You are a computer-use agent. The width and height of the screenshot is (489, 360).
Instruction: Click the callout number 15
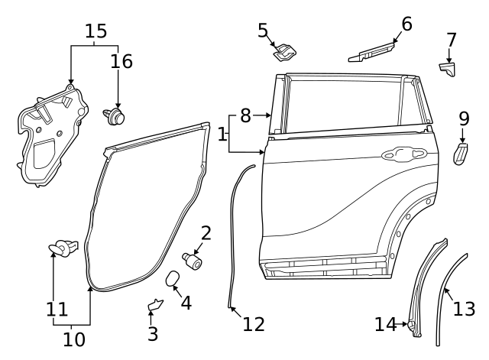pos(96,31)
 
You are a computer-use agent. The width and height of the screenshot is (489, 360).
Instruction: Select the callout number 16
pos(121,61)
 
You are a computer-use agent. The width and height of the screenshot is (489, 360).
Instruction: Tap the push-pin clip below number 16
pos(115,116)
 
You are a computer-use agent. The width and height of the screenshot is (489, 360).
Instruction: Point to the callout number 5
pos(263,31)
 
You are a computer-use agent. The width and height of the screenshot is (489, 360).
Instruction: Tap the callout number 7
pos(451,39)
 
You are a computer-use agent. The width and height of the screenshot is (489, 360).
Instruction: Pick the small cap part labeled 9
pos(462,153)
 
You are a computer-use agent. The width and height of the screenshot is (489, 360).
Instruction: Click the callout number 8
pos(245,115)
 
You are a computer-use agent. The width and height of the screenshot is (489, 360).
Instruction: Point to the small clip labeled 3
pos(154,306)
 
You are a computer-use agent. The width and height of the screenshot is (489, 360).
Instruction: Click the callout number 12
pos(254,324)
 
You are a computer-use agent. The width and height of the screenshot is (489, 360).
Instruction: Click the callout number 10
pos(74,338)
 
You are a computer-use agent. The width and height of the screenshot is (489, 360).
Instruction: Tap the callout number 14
pos(386,325)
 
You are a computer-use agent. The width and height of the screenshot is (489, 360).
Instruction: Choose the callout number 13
pos(464,308)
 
